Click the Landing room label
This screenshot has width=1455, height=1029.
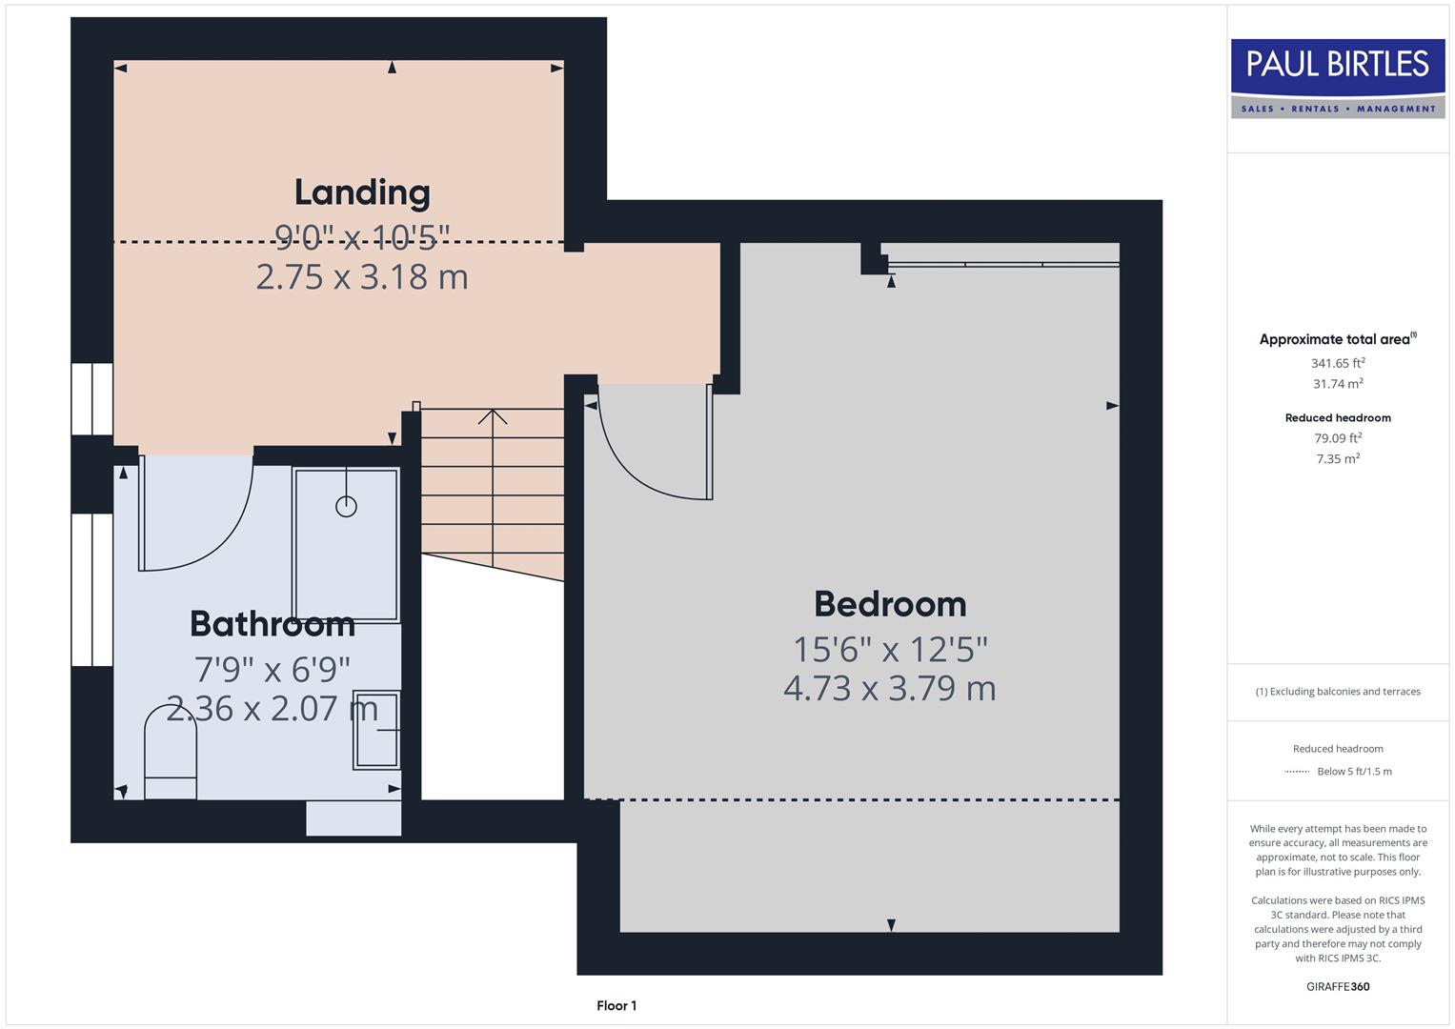tap(362, 192)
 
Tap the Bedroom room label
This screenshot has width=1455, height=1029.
tap(890, 604)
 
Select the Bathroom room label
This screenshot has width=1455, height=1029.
tap(273, 624)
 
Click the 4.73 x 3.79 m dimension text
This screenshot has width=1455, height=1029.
tap(890, 688)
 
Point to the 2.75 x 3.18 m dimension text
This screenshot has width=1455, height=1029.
tap(362, 277)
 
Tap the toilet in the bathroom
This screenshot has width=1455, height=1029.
tap(171, 753)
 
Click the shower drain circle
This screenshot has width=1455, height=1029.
tap(346, 507)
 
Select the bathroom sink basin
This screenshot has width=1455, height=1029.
tap(376, 730)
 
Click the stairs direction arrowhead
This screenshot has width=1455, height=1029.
tap(493, 416)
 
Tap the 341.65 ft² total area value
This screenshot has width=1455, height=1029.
tap(1338, 363)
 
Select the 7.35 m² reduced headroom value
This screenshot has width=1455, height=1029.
tap(1338, 459)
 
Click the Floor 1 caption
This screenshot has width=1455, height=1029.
tap(616, 1006)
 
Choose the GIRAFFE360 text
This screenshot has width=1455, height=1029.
tap(1338, 987)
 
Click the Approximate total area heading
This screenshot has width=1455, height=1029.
tap(1336, 339)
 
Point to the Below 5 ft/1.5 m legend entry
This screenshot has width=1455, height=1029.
tap(1353, 772)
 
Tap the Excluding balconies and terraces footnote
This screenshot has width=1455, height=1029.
tap(1338, 692)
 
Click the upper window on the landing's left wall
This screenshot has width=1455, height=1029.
tap(92, 398)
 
